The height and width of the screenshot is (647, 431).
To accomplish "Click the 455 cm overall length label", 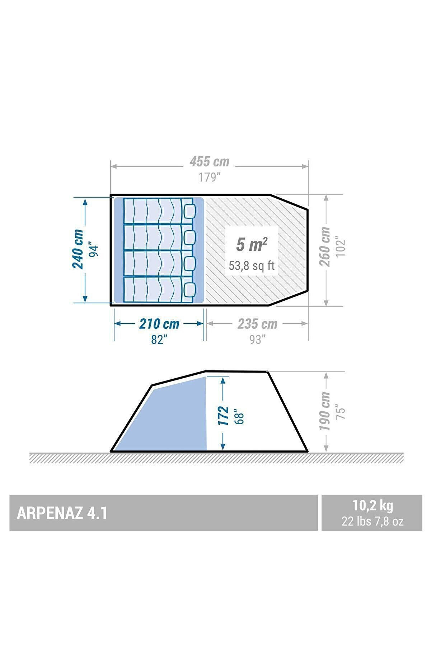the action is click(210, 162).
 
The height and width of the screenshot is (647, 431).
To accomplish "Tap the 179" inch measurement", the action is click(209, 177).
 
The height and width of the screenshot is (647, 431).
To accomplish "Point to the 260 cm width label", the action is click(325, 246).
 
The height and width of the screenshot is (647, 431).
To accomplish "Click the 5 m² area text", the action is click(252, 244).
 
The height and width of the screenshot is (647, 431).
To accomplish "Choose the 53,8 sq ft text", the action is click(252, 266).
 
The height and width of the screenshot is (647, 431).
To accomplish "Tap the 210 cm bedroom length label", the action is click(159, 324).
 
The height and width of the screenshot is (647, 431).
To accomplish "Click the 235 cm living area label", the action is click(257, 324).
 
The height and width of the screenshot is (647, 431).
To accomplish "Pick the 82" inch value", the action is click(158, 339).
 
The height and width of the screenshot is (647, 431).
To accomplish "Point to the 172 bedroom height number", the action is click(224, 416).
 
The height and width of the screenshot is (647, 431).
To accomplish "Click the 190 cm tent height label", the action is click(325, 411).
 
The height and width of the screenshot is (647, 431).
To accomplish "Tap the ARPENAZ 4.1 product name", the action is click(62, 513).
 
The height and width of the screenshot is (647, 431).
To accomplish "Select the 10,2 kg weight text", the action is click(373, 505).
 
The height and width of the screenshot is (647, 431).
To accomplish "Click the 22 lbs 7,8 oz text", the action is click(373, 521).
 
